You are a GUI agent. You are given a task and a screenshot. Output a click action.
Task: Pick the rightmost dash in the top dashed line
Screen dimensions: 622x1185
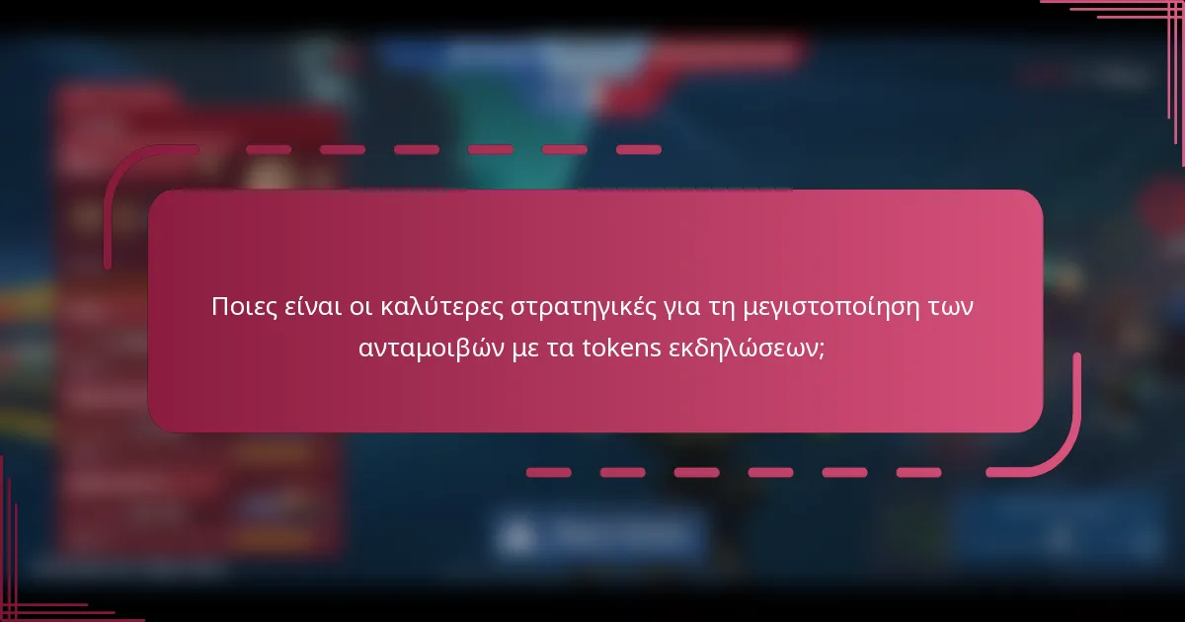coord(638,150)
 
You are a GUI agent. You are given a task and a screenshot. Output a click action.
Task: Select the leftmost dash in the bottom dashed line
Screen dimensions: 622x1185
coord(548,472)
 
